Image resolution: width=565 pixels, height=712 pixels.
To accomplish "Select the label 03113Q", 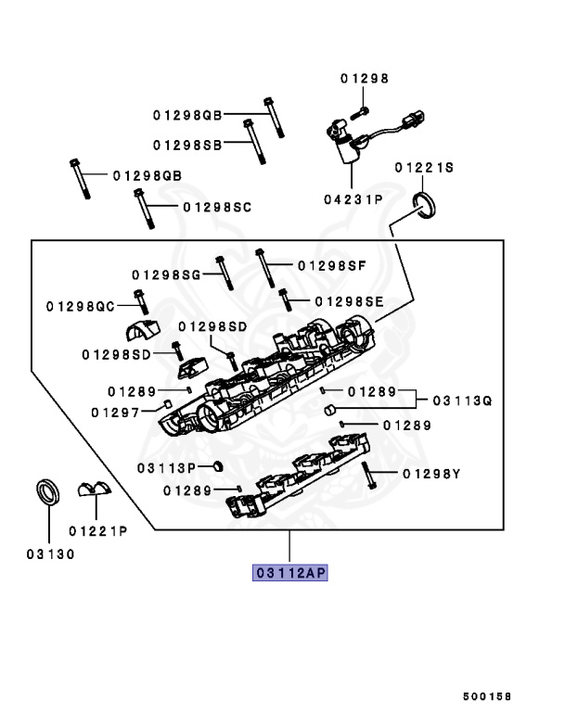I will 461,400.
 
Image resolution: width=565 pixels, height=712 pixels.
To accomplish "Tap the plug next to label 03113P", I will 215,465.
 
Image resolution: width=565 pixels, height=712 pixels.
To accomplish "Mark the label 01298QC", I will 80,305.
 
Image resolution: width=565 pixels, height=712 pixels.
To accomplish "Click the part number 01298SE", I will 349,301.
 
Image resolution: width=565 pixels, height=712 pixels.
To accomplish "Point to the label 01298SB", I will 187,145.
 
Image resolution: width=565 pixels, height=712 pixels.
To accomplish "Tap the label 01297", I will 116,411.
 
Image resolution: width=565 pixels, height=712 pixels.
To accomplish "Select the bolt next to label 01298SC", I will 144,209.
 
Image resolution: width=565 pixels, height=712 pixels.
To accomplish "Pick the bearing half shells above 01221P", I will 93,490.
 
